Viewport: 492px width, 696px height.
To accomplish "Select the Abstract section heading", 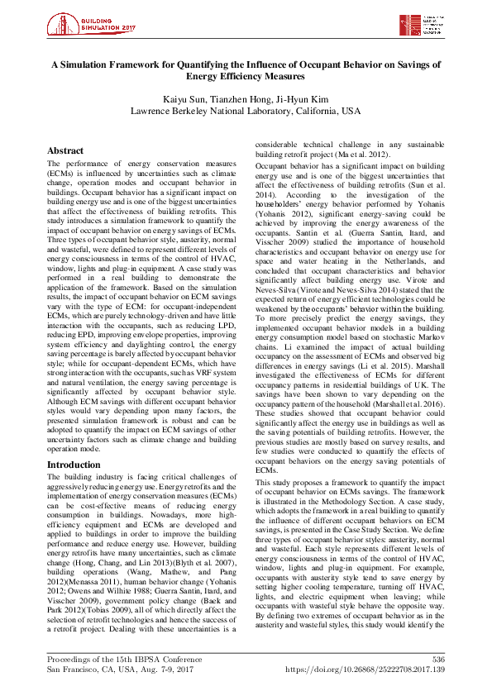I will tap(65, 151).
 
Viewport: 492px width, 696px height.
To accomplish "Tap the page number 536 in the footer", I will tap(437, 658).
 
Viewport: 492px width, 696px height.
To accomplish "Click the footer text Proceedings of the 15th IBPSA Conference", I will tap(124, 658).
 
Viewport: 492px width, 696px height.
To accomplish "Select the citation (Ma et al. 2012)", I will tap(358, 154).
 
